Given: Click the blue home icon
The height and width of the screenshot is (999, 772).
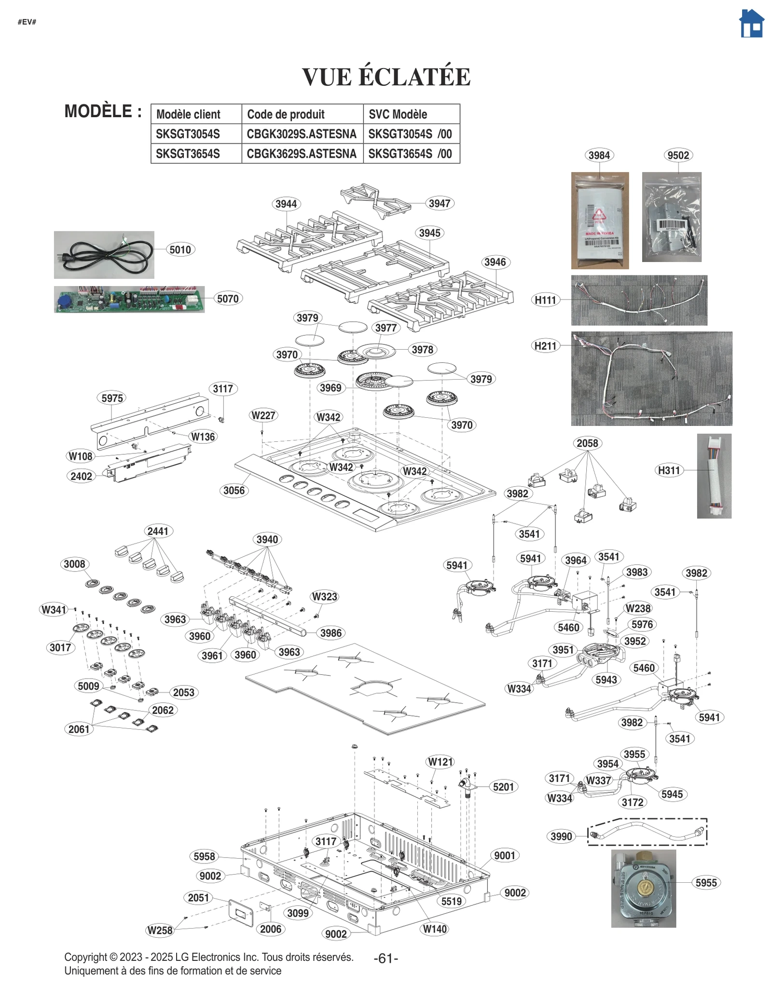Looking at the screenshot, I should [x=751, y=24].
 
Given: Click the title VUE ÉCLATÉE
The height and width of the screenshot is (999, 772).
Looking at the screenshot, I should [x=386, y=77].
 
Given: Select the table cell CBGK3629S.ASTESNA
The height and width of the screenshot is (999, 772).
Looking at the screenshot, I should [x=302, y=154].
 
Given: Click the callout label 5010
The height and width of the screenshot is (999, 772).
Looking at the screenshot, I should [x=180, y=250].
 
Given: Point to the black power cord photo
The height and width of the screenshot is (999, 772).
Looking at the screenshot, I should [x=104, y=255].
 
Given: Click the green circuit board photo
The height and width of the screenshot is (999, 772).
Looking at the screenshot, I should [x=129, y=299].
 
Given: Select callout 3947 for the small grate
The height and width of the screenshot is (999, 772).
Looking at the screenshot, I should [x=440, y=204].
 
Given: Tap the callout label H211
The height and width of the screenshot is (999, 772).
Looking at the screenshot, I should [x=545, y=346].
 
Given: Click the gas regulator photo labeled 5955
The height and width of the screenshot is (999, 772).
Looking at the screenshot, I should [x=643, y=888].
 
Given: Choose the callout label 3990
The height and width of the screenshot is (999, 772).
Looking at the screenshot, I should [x=561, y=836].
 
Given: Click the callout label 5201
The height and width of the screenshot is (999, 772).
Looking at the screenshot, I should [x=503, y=787].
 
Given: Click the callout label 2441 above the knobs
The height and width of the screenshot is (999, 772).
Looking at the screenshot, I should [x=158, y=531].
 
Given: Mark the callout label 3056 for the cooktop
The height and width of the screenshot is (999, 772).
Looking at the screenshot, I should [x=234, y=491].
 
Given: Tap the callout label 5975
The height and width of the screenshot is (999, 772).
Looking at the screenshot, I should [x=112, y=398].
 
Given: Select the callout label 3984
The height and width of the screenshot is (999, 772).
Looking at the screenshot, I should [x=599, y=155].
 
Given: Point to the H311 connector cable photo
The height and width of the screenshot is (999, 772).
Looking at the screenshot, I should [x=714, y=476].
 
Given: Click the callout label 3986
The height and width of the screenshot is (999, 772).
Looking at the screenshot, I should [x=331, y=633].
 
